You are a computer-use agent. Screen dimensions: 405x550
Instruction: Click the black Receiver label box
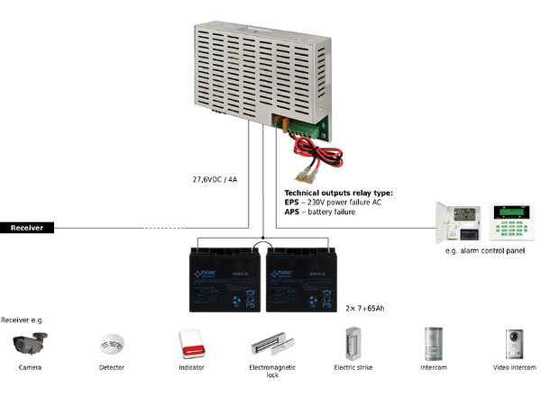tap(27, 228)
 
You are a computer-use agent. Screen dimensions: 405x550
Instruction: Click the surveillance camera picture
tap(31, 343)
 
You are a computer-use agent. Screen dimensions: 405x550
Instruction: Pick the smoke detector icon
tap(112, 344)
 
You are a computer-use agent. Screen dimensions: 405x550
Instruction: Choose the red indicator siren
tap(191, 343)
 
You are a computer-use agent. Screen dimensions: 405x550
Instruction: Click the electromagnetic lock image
tap(271, 344)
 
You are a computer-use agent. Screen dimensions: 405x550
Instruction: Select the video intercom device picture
tap(514, 343)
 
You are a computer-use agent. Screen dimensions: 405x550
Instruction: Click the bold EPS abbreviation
tap(292, 202)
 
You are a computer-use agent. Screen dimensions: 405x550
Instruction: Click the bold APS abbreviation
tap(292, 211)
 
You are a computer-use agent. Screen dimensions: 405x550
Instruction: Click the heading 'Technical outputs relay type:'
tap(338, 193)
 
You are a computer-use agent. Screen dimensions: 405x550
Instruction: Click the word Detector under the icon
tap(112, 367)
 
